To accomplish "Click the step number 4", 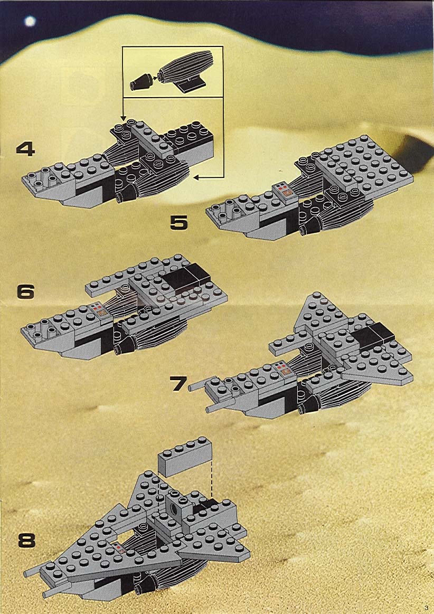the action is [x=25, y=149].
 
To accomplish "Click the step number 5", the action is [x=179, y=222].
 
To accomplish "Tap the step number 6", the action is [x=25, y=292].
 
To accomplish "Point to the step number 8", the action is [x=26, y=541].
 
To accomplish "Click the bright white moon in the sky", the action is [x=30, y=21].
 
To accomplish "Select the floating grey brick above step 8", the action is [x=185, y=457].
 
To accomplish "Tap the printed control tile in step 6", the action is [x=100, y=309].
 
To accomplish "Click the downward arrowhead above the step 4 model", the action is [x=123, y=118].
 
